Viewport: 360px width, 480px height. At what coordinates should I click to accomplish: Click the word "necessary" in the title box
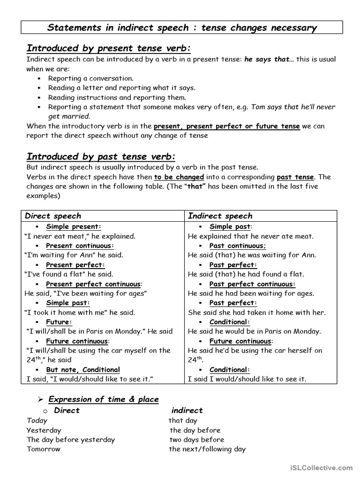point(290,28)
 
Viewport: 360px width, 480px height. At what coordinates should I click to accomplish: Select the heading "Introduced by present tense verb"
point(109,49)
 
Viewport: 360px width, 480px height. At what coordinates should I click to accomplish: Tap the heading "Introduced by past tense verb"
point(101,157)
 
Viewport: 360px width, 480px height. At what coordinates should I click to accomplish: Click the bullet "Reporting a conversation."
point(91,78)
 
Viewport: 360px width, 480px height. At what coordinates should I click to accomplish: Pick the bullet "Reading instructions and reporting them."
point(117,97)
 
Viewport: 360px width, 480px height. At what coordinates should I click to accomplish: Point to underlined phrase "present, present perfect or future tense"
point(226,126)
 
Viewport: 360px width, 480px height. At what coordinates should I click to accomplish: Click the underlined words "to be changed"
point(179,177)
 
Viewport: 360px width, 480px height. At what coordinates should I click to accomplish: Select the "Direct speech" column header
point(53,216)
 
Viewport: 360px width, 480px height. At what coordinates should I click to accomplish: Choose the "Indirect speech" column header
point(220,216)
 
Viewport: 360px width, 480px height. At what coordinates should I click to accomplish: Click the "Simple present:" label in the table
point(74,227)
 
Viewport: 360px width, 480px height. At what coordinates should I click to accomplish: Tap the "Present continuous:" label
point(80,246)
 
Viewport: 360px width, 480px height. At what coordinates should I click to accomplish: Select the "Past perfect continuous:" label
point(252,284)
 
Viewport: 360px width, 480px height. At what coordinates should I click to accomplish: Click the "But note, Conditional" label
point(83,369)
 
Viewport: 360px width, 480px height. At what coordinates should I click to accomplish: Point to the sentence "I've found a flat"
point(56,274)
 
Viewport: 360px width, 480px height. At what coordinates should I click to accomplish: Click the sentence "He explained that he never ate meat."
point(251,236)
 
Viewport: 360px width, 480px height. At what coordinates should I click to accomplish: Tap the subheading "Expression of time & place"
point(104,399)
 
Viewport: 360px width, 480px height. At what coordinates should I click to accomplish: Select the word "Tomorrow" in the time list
point(44,449)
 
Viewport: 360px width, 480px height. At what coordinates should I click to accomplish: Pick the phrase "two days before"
point(197,440)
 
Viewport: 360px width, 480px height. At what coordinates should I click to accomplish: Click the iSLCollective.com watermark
point(321,467)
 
